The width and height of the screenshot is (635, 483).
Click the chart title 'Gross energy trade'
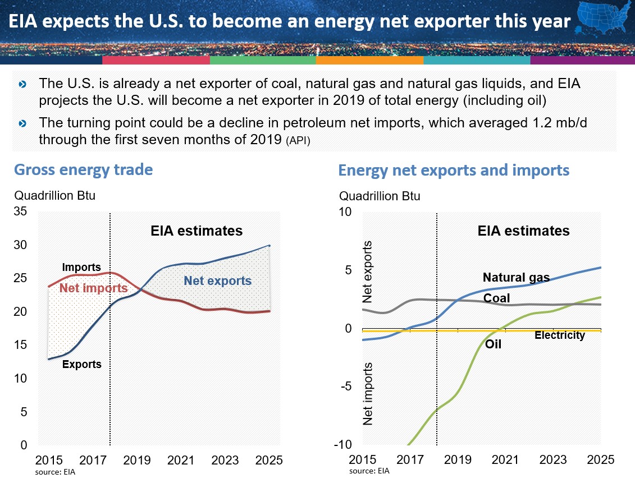(83, 169)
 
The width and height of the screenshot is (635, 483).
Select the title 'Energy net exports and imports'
(454, 170)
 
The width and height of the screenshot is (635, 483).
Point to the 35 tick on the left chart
(20, 212)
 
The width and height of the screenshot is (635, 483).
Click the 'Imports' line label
(81, 268)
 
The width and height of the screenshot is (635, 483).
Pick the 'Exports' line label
(82, 364)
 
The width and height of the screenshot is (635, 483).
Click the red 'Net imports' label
(94, 289)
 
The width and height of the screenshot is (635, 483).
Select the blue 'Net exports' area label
(218, 281)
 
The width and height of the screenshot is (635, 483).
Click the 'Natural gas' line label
(516, 277)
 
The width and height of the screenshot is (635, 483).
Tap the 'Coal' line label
(496, 298)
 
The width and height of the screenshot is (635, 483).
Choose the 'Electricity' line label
(559, 335)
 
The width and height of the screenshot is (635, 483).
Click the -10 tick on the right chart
(343, 445)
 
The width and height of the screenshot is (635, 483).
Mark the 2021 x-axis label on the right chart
(505, 460)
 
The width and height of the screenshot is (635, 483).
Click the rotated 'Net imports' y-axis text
(368, 394)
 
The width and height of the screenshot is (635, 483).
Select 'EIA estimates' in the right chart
(523, 231)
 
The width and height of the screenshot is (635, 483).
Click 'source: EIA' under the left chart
(56, 472)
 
